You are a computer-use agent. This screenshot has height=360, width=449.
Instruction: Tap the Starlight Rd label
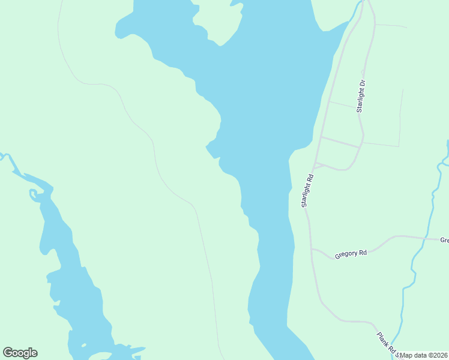(x=308, y=191)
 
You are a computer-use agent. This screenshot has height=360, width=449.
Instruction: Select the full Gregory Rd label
(x=351, y=253)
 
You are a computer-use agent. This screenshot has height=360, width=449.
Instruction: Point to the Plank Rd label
(x=386, y=342)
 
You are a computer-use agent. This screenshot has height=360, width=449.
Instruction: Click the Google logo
(x=20, y=352)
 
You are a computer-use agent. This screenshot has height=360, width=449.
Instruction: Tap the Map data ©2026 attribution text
(x=423, y=355)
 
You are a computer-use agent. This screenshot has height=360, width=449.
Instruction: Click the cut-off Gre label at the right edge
(x=444, y=240)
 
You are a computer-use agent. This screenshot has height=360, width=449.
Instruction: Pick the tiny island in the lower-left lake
(x=83, y=346)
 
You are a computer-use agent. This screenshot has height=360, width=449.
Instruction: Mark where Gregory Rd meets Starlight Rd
(x=311, y=248)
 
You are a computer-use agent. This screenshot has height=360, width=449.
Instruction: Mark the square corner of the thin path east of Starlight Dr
(x=399, y=146)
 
